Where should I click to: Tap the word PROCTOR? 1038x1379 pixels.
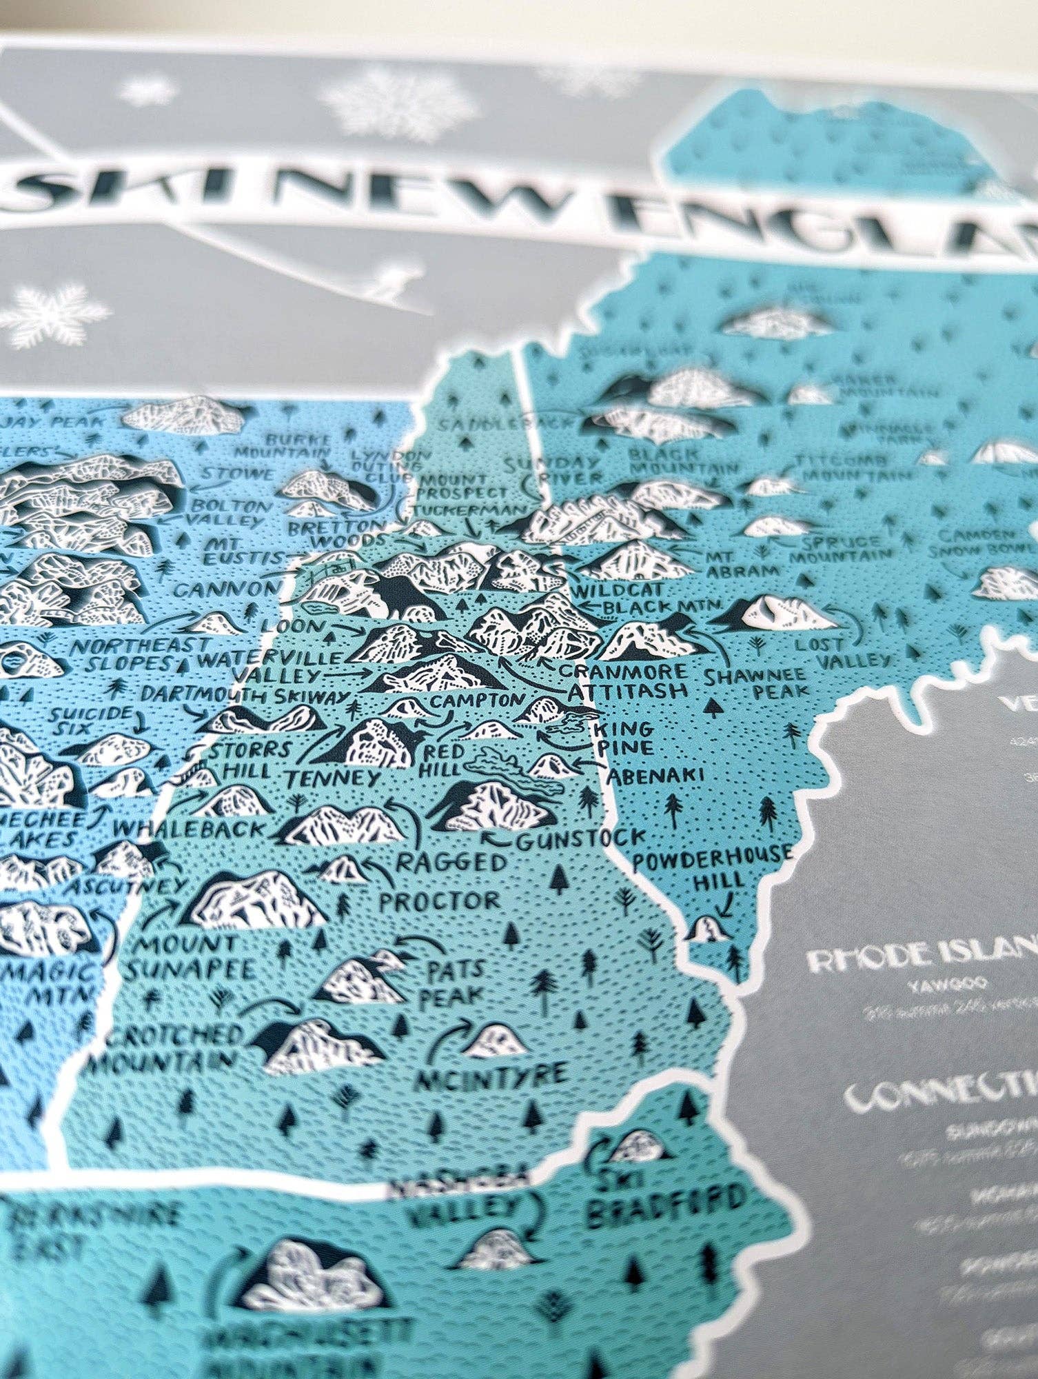click(x=439, y=900)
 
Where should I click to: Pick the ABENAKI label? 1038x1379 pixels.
click(x=654, y=774)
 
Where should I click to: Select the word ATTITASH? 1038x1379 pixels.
click(x=629, y=692)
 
